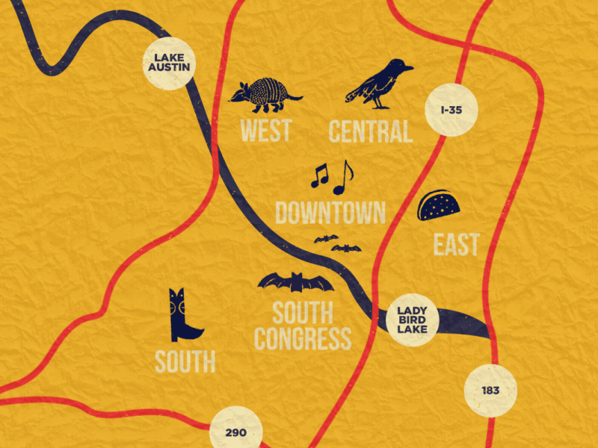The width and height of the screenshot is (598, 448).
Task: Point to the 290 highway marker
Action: pos(235,432)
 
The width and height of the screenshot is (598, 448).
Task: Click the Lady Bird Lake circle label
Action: pos(413,319)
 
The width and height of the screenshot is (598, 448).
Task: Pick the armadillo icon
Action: pos(262,95)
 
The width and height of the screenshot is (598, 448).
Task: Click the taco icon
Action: pos(438,206)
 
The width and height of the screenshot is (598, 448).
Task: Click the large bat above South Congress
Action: pos(296,282)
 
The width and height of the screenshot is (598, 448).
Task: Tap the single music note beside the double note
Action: pos(343,178)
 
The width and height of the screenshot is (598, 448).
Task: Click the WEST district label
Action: pos(265,131)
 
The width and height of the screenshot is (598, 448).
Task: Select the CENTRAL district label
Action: pos(371,131)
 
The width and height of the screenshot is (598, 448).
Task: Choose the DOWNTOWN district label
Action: pos(330,213)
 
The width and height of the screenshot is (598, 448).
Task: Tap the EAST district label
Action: pos(456,244)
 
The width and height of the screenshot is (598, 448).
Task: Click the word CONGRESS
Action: pos(302,338)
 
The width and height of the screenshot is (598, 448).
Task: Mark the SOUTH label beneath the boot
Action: pos(185,362)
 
